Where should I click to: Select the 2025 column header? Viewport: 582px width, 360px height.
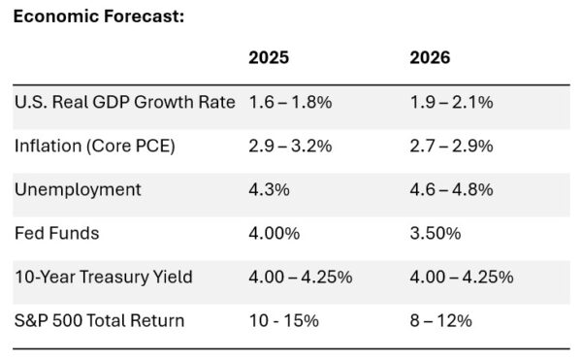[270, 58]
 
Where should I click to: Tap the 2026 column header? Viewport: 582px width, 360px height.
[431, 58]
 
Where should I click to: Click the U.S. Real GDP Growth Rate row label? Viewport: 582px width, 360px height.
[125, 102]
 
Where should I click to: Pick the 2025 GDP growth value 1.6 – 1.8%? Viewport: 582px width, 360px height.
[291, 102]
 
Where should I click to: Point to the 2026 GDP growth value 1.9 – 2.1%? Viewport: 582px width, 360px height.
[452, 102]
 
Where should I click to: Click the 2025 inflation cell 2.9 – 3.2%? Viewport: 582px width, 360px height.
[291, 146]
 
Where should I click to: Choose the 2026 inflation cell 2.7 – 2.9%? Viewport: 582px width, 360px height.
[452, 146]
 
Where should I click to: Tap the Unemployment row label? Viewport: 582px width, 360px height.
[78, 189]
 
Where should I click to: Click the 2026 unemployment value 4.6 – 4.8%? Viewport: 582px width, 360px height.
[452, 189]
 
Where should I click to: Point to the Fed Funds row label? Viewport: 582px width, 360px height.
[56, 233]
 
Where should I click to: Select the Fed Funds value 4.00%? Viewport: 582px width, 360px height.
[275, 233]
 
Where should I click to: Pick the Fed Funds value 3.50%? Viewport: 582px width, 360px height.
[436, 233]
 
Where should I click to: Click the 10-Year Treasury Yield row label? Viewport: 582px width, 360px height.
[103, 277]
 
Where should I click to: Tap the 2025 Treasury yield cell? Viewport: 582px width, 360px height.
[301, 277]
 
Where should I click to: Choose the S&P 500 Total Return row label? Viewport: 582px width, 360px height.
[101, 320]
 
